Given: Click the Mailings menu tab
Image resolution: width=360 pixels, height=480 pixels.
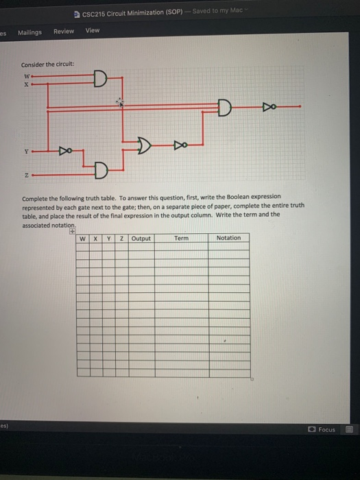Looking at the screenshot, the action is (x=29, y=32).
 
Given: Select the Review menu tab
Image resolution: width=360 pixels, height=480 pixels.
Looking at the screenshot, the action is (x=64, y=32).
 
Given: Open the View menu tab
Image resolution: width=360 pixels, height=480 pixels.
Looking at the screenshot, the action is (x=93, y=30).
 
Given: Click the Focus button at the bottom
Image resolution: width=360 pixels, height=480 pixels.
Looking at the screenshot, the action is (x=323, y=429).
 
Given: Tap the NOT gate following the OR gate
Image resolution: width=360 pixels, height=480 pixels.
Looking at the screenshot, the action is (x=179, y=145).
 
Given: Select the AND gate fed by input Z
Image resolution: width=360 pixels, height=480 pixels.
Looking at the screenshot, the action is (x=101, y=169).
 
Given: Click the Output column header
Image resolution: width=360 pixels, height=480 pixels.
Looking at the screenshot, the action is (x=141, y=238).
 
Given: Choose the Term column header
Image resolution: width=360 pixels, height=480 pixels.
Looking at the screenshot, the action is (x=181, y=238).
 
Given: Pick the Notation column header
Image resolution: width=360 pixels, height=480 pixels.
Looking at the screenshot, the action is (x=228, y=238).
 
